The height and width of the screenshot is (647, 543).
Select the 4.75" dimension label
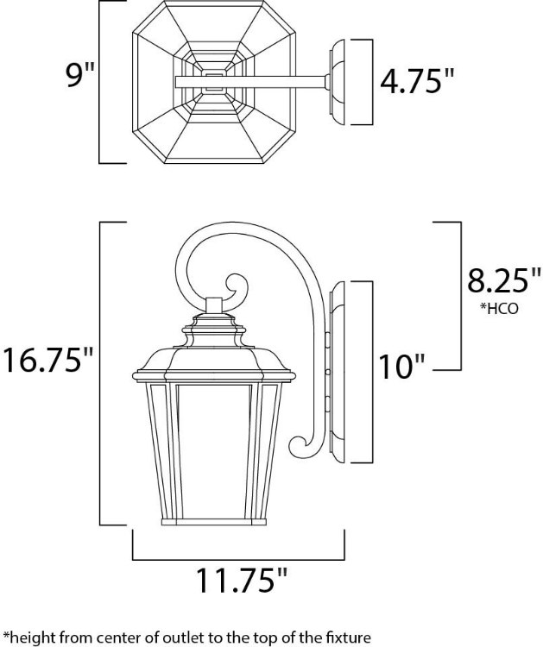point(416,80)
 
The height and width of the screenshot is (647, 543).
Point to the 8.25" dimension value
point(503,280)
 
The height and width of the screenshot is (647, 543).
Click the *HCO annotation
point(498,309)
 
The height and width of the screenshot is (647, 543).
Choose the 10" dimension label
point(401,367)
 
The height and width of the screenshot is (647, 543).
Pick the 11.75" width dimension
point(241,581)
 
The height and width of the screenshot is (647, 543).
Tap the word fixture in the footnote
point(347,638)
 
